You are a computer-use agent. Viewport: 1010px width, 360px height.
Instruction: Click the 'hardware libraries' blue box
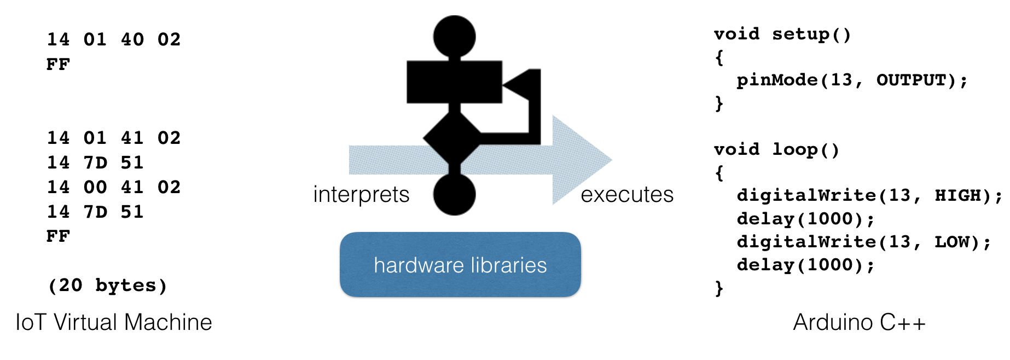point(460,265)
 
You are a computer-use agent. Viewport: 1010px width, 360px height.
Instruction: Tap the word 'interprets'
point(361,195)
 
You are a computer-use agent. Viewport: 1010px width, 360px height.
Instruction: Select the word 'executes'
point(627,195)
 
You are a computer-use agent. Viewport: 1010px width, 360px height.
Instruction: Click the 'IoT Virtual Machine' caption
point(114,322)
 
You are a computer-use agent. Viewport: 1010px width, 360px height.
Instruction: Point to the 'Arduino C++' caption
point(859,322)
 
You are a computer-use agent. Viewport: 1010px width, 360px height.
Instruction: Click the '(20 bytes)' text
point(108,285)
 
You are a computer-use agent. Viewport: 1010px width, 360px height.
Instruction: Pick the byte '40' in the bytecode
point(132,39)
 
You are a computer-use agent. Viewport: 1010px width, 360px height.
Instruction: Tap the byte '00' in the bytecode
point(95,187)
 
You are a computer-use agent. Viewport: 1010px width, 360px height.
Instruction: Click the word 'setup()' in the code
point(811,34)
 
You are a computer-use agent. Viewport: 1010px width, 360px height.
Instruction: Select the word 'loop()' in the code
point(805,150)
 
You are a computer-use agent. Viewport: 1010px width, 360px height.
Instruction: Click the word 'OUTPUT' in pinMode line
point(911,80)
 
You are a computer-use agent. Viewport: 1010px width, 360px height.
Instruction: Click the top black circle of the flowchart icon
point(454,36)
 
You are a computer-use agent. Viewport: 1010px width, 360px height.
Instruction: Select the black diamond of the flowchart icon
point(452,139)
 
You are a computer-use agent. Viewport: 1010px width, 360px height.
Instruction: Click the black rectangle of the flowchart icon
point(454,82)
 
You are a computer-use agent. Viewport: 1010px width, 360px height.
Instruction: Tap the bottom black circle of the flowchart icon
point(454,194)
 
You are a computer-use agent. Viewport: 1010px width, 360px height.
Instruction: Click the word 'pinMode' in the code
point(777,80)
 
